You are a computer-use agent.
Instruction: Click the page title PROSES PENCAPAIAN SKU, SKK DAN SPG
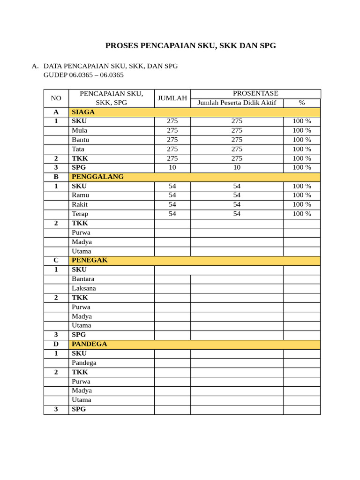pyautogui.click(x=190, y=45)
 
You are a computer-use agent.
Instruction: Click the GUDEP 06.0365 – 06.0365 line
pyautogui.click(x=83, y=75)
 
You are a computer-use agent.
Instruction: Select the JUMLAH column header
pyautogui.click(x=172, y=98)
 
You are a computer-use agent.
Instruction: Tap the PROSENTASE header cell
pyautogui.click(x=255, y=94)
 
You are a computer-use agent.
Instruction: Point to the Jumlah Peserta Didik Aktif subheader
pyautogui.click(x=237, y=103)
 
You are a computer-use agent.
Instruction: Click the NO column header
pyautogui.click(x=56, y=98)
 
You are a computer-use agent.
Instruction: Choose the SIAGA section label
pyautogui.click(x=83, y=112)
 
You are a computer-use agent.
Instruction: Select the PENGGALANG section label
pyautogui.click(x=97, y=177)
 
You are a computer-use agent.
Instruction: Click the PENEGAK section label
pyautogui.click(x=90, y=260)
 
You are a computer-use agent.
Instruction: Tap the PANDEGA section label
pyautogui.click(x=89, y=344)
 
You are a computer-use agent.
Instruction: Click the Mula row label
pyautogui.click(x=79, y=130)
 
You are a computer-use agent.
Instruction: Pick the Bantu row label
pyautogui.click(x=80, y=140)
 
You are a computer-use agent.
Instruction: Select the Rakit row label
pyautogui.click(x=80, y=204)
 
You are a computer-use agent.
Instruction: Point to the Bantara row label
pyautogui.click(x=83, y=279)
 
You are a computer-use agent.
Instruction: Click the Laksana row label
pyautogui.click(x=83, y=288)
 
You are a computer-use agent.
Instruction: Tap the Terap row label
pyautogui.click(x=80, y=214)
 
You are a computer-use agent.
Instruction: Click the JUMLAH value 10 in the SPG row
pyautogui.click(x=172, y=167)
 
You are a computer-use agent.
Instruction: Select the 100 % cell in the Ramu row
pyautogui.click(x=302, y=195)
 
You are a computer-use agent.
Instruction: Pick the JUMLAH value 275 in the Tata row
pyautogui.click(x=172, y=149)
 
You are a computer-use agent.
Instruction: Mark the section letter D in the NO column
pyautogui.click(x=56, y=344)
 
